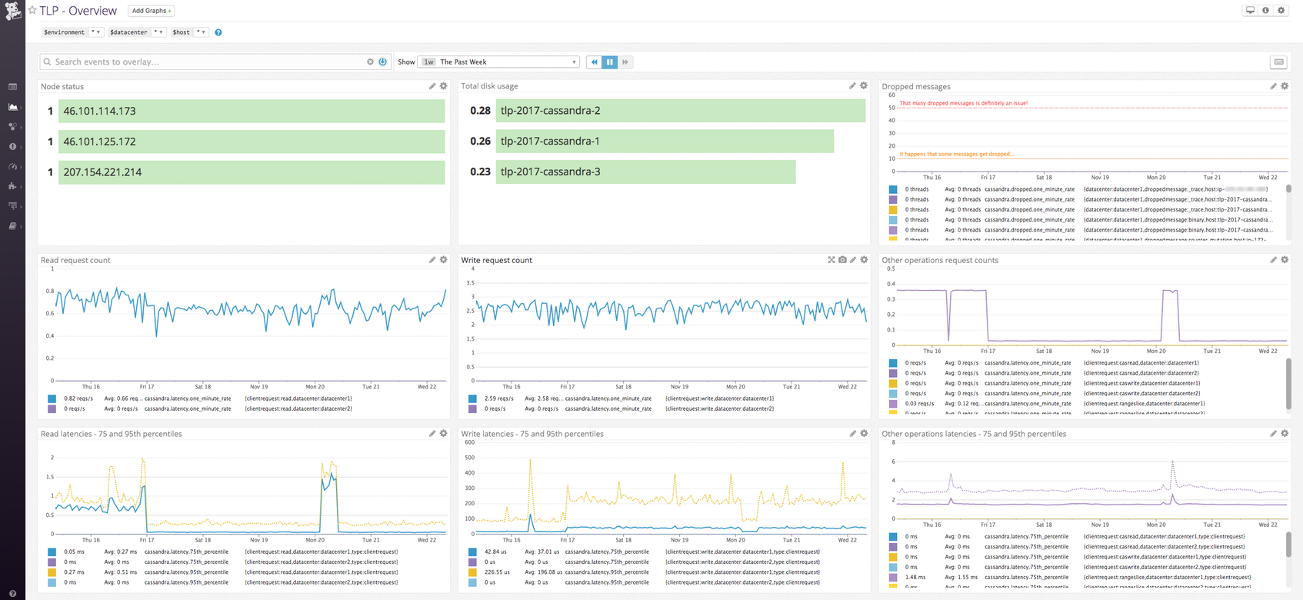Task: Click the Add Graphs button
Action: [151, 11]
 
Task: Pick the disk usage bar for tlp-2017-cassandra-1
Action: [665, 141]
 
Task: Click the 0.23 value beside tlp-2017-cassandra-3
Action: [480, 172]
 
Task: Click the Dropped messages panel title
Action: [915, 86]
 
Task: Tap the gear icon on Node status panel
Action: [444, 86]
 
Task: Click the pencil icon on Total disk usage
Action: [852, 86]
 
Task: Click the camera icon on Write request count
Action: [842, 260]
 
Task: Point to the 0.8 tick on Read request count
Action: [50, 291]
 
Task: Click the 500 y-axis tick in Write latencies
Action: [469, 458]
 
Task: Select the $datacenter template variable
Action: [128, 32]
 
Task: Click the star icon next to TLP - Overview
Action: [32, 11]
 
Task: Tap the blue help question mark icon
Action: [218, 32]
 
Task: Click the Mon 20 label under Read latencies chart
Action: [315, 540]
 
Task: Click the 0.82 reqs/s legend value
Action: [78, 398]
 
